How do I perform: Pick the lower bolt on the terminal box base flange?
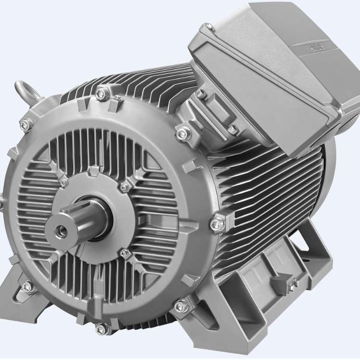tap(231, 129)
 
